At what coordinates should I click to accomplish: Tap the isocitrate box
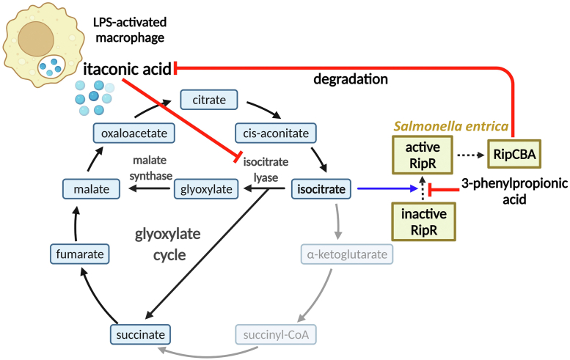pos(322,190)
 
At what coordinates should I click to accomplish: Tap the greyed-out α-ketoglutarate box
pos(347,254)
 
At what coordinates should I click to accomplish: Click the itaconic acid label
pos(128,69)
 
